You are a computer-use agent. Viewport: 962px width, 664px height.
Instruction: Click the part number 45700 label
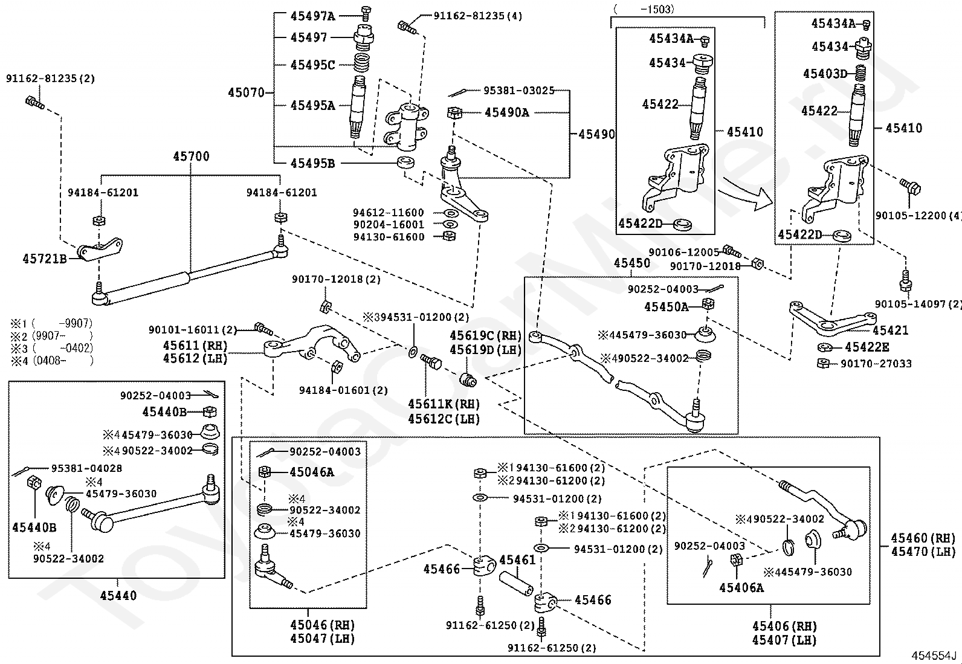coord(191,156)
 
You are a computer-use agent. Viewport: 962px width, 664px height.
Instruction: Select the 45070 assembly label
coord(246,92)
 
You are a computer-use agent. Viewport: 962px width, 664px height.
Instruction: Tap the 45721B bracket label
coord(45,259)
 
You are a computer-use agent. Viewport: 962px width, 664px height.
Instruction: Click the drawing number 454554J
coord(934,656)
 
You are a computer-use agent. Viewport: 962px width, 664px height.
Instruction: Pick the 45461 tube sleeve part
coord(516,583)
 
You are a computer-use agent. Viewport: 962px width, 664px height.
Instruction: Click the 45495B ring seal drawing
coord(406,163)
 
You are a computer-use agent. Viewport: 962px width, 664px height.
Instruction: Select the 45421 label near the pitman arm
coord(891,330)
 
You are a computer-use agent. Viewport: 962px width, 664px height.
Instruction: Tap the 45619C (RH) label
coord(485,335)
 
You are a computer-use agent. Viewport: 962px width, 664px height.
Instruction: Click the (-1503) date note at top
coord(644,9)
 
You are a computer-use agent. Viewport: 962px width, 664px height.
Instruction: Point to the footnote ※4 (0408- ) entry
coord(52,360)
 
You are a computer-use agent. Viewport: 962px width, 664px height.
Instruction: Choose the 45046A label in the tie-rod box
coord(311,472)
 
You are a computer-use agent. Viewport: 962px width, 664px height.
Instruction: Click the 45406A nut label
coord(741,587)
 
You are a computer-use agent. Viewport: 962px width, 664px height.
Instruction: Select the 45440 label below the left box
coord(118,596)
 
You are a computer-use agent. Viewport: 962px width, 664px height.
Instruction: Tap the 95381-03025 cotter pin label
coord(519,91)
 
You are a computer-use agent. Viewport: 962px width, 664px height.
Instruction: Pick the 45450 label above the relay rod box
coord(631,263)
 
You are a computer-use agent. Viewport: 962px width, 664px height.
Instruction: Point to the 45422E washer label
coord(867,347)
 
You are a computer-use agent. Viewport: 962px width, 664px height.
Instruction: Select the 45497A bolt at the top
coord(366,13)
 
